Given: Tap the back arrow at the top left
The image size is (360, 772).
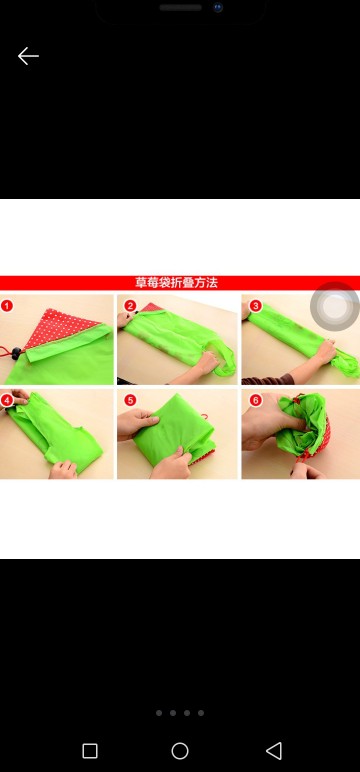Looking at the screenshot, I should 28,56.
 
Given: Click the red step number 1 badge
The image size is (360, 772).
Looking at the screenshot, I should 7,305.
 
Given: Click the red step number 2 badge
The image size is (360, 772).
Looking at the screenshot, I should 130,305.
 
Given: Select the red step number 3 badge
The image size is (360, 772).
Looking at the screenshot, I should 255,305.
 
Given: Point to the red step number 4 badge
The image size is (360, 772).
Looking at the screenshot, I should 7,399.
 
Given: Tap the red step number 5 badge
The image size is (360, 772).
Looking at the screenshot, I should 130,399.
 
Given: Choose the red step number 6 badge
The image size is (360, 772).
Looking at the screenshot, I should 255,399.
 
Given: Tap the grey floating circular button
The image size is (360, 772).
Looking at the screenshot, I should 334,308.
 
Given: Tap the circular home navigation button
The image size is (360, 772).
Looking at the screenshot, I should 180,750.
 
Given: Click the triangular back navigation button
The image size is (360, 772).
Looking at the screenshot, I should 273,750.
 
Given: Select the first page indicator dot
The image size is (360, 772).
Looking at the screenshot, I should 159,713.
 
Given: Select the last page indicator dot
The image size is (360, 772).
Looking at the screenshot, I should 201,713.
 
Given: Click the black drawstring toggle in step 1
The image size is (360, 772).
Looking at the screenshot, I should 13,354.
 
